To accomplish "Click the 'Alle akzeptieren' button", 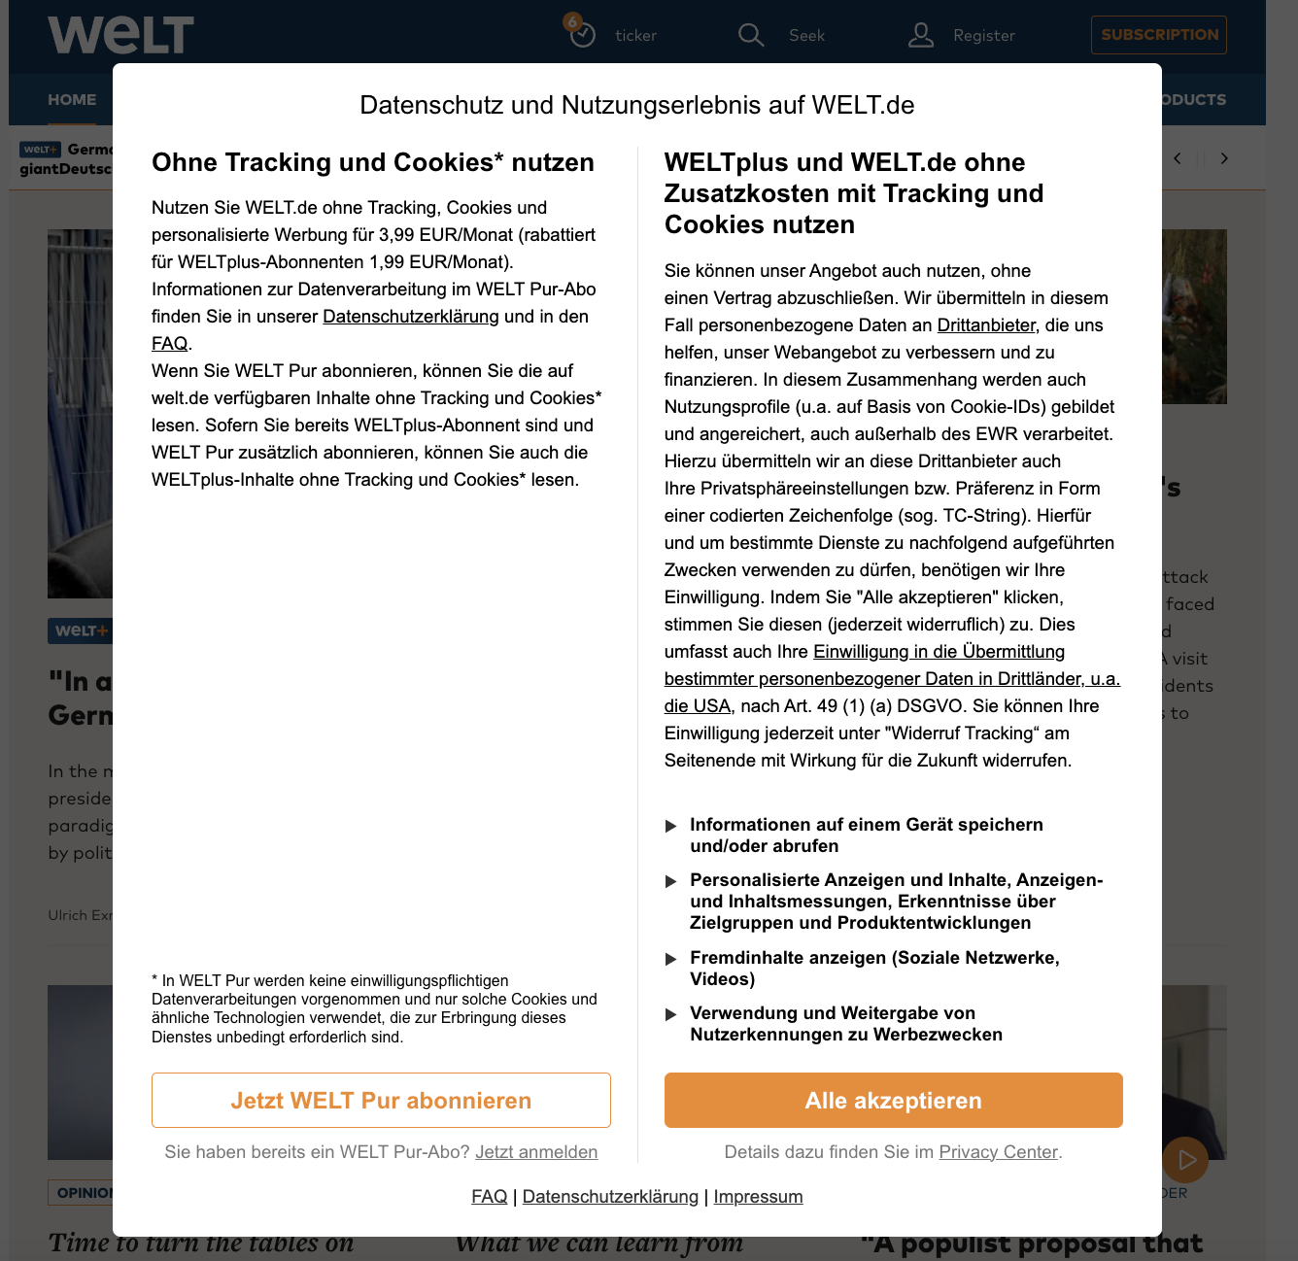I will click(x=893, y=1101).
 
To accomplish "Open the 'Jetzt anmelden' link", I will click(x=536, y=1152).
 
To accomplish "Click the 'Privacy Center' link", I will click(x=998, y=1152).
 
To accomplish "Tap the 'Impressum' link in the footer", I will click(x=758, y=1197).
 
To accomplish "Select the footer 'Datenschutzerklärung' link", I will click(x=610, y=1197).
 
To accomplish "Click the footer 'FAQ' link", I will click(x=489, y=1197).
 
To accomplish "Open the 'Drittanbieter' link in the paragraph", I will click(x=986, y=325).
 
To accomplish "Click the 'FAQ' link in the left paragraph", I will click(x=169, y=344).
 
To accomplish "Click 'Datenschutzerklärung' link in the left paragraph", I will click(x=410, y=317).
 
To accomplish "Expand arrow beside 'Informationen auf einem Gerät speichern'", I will click(x=670, y=826).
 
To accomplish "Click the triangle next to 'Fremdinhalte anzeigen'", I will click(x=670, y=959).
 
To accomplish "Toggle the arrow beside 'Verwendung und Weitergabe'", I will click(x=670, y=1014).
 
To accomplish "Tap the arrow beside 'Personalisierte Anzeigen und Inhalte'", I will click(x=670, y=881).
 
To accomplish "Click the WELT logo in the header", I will click(x=120, y=35).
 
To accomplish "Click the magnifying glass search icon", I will click(x=750, y=35).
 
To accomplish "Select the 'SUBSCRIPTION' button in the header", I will click(x=1158, y=35).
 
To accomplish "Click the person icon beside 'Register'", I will click(x=920, y=36).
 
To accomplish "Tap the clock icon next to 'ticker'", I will click(x=582, y=35).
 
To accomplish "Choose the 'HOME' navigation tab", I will click(x=72, y=100).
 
